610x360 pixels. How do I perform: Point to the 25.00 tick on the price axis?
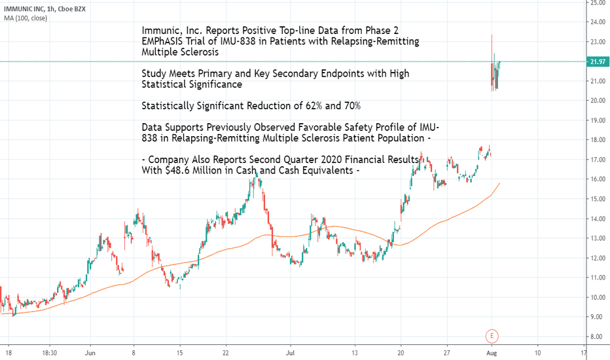(598, 3)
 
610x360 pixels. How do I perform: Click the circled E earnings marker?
(492, 336)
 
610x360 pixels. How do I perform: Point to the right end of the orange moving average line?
(500, 184)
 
